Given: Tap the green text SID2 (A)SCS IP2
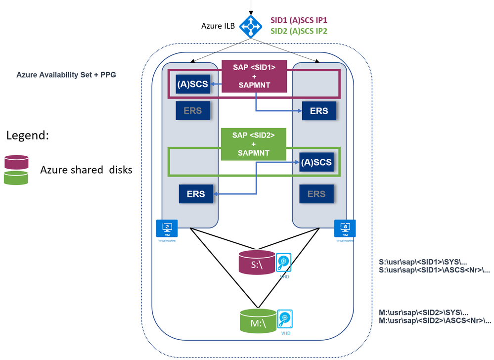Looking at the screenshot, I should point(299,31).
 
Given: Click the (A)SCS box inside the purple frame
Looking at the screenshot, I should point(192,84).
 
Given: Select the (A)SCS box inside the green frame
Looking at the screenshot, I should point(316,161).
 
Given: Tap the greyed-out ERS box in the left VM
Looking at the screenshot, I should point(192,110).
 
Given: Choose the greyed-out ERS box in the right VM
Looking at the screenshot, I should point(316,194).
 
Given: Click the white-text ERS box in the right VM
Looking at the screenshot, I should point(318,110).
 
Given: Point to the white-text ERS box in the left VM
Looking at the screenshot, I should point(195,194).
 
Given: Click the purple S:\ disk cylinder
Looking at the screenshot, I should point(256,263).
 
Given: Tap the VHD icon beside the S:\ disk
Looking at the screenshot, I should point(284,263).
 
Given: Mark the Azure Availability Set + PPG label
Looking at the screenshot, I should point(66,75).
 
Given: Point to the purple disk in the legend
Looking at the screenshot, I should point(16,162).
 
